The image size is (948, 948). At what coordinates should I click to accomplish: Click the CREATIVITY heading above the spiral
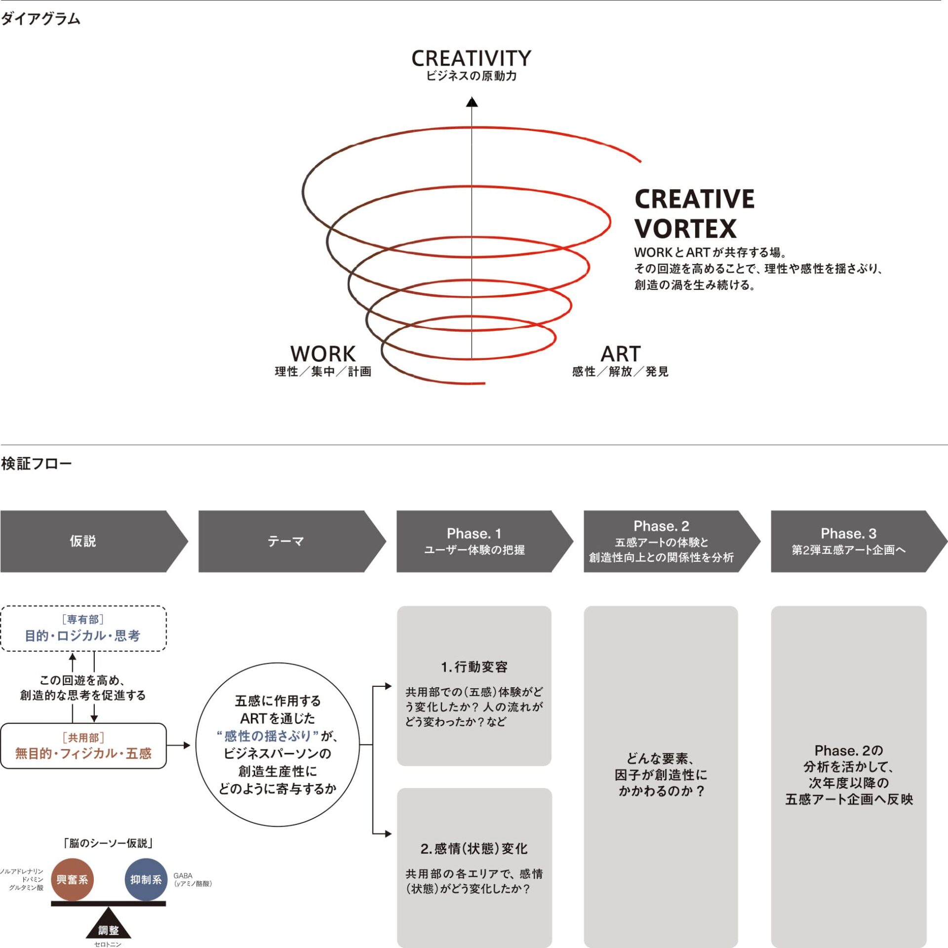pyautogui.click(x=472, y=58)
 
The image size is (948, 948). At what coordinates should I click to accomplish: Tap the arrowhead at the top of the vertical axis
pyautogui.click(x=472, y=102)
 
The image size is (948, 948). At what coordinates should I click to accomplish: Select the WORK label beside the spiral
pyautogui.click(x=323, y=354)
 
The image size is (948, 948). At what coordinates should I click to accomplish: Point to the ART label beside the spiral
pyautogui.click(x=621, y=354)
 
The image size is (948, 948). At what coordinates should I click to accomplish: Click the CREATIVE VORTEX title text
pyautogui.click(x=694, y=214)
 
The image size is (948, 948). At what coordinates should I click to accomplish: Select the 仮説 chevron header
pyautogui.click(x=94, y=541)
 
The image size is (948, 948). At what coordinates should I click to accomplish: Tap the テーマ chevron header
pyautogui.click(x=292, y=541)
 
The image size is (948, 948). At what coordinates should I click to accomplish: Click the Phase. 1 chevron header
pyautogui.click(x=485, y=541)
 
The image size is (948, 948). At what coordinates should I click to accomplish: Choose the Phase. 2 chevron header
pyautogui.click(x=672, y=541)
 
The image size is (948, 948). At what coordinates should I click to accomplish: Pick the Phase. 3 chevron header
pyautogui.click(x=859, y=541)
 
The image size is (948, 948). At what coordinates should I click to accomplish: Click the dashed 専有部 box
pyautogui.click(x=83, y=628)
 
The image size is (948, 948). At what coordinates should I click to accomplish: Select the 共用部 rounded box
pyautogui.click(x=83, y=746)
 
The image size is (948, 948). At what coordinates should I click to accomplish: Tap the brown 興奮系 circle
pyautogui.click(x=72, y=879)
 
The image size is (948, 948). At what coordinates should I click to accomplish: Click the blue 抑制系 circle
pyautogui.click(x=146, y=879)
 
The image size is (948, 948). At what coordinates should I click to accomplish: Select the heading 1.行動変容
pyautogui.click(x=474, y=667)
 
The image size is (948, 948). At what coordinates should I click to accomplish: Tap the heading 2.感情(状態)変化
pyautogui.click(x=474, y=849)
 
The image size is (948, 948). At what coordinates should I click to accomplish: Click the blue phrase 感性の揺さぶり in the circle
pyautogui.click(x=267, y=736)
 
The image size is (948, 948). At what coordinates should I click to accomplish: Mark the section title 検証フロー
pyautogui.click(x=37, y=464)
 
